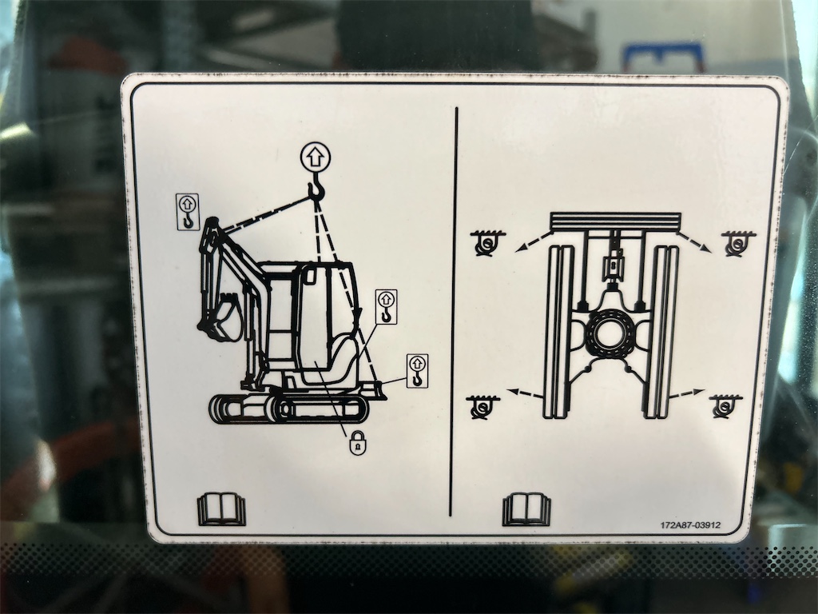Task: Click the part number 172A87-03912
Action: click(x=690, y=524)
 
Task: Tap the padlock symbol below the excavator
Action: click(x=358, y=443)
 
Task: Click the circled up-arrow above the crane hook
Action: click(x=316, y=157)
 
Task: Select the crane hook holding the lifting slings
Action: click(x=316, y=188)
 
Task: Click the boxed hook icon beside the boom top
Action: click(x=187, y=211)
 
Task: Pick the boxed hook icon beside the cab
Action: click(x=386, y=307)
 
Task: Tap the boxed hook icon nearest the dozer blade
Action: click(x=417, y=371)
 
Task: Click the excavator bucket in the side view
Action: click(x=221, y=317)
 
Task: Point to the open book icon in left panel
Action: click(x=221, y=509)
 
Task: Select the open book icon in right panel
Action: click(x=526, y=509)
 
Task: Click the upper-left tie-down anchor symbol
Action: click(x=486, y=242)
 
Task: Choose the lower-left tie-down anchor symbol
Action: click(x=482, y=407)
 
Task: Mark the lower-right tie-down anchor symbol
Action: click(x=725, y=406)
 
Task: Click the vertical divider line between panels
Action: click(x=454, y=312)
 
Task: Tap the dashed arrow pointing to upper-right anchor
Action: click(x=695, y=241)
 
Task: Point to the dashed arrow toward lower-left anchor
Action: click(x=526, y=393)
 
